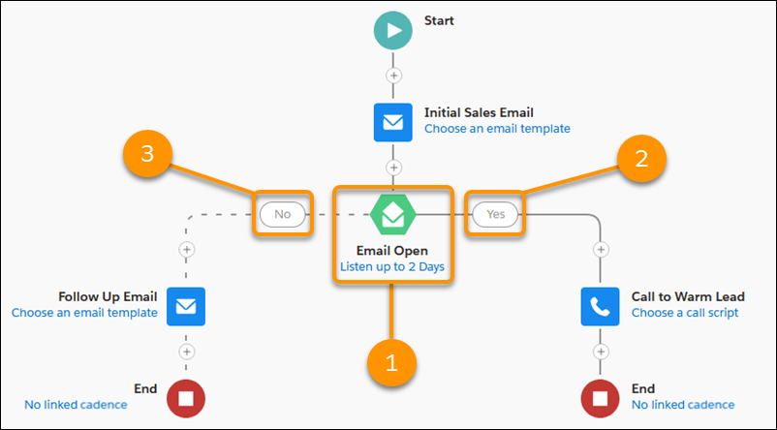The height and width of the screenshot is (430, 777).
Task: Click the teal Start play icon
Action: [x=393, y=31]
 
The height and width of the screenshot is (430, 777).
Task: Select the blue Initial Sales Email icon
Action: [x=393, y=122]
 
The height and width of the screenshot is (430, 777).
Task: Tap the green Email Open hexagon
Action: [x=393, y=214]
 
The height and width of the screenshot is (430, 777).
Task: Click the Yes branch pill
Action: [x=495, y=214]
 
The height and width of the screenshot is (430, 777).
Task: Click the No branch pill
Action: [x=283, y=214]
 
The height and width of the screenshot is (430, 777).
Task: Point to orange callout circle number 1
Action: [x=392, y=363]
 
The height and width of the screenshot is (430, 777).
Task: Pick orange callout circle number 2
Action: [x=641, y=159]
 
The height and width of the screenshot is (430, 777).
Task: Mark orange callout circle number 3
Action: [x=147, y=154]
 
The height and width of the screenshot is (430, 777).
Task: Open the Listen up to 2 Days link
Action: [x=392, y=266]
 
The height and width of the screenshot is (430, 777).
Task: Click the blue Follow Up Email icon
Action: [x=186, y=307]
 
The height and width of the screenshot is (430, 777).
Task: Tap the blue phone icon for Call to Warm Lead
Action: [x=600, y=307]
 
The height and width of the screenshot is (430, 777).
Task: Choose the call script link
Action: [x=685, y=313]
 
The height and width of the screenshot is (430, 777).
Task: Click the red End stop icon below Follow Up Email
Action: [x=186, y=399]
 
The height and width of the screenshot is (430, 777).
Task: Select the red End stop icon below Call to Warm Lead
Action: [x=600, y=399]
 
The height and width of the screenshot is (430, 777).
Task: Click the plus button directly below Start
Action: [x=393, y=76]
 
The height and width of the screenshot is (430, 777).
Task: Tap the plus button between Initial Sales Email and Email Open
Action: [x=393, y=168]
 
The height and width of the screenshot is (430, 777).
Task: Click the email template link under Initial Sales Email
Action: [x=497, y=129]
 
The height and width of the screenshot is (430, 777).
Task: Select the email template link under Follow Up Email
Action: [x=84, y=313]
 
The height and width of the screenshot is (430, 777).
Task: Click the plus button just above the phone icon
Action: [x=601, y=249]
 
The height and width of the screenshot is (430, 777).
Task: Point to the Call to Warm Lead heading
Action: [x=688, y=296]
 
